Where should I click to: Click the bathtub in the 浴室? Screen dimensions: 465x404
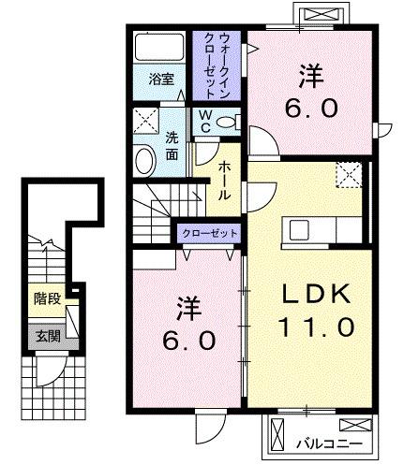point(159,48)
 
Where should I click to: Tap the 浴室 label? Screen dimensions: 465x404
point(161,80)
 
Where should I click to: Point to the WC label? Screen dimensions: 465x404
point(203,123)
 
